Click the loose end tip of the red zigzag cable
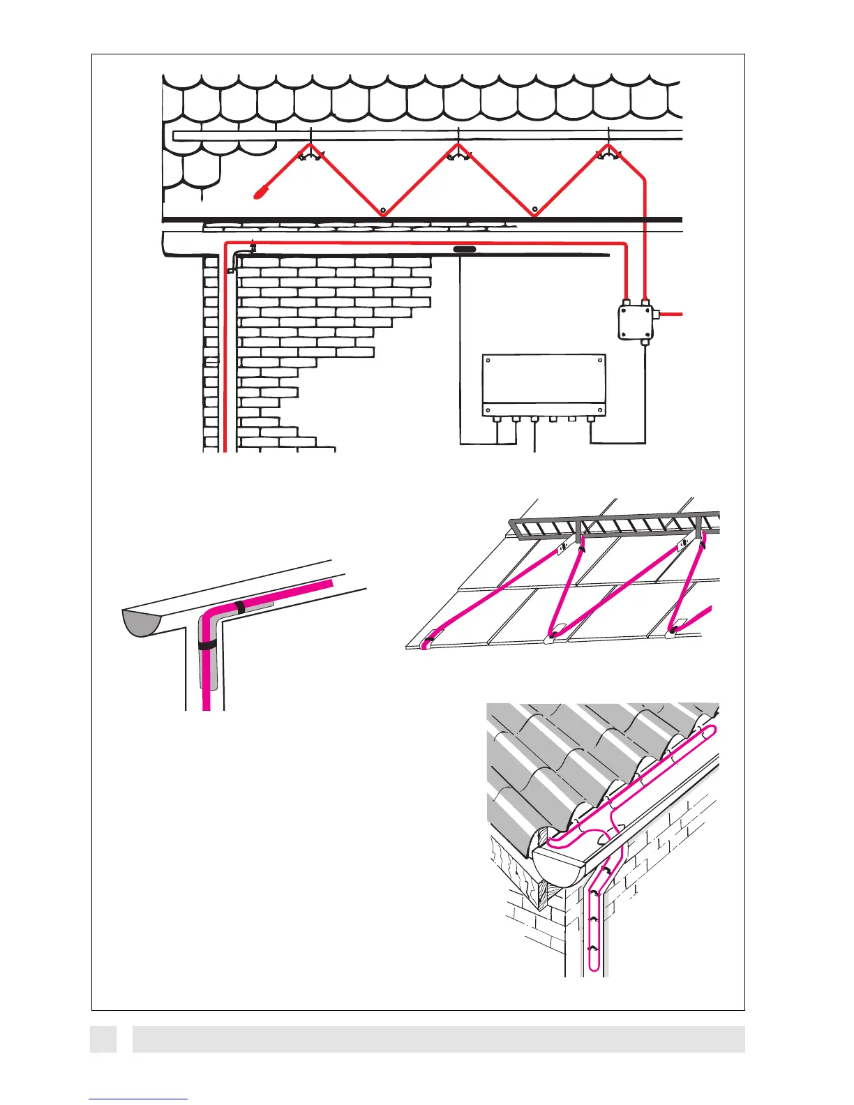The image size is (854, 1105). (260, 192)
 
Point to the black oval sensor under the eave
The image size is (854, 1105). (465, 248)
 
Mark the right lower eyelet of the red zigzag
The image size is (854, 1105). (534, 209)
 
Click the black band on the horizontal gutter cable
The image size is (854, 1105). (240, 607)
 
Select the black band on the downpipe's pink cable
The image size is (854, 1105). (207, 645)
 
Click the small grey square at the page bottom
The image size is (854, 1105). (103, 1039)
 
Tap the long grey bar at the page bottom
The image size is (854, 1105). (438, 1039)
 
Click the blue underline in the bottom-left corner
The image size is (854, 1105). (138, 1099)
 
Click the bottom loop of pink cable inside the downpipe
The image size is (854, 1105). (594, 966)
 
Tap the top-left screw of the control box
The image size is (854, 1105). (488, 361)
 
